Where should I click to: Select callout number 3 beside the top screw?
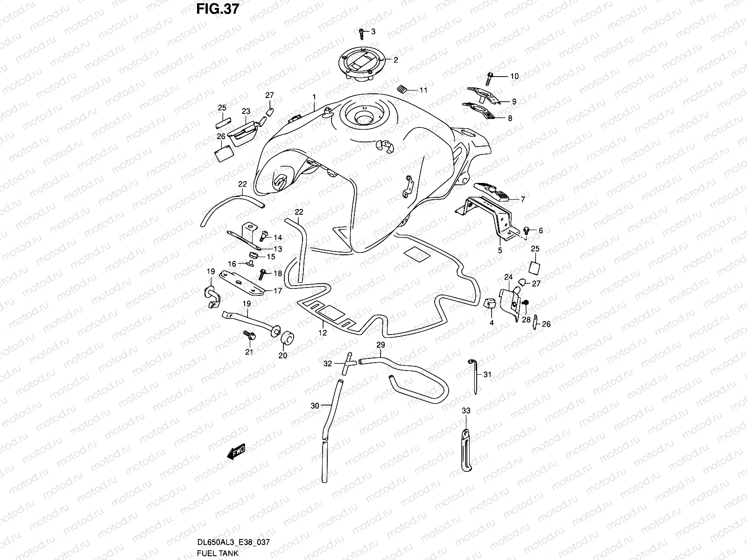(373, 32)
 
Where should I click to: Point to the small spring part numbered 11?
(413, 89)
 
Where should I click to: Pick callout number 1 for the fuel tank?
(314, 97)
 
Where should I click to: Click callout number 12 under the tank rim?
(323, 333)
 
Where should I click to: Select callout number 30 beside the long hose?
(315, 406)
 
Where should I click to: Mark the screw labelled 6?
(527, 230)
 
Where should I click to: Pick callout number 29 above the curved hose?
(381, 345)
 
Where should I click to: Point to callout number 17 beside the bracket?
(278, 291)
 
